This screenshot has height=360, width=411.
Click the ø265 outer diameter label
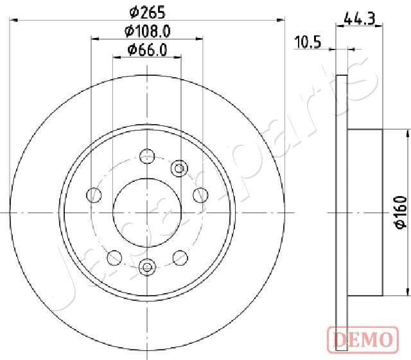coord(147,11)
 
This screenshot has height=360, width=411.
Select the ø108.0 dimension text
coord(147,30)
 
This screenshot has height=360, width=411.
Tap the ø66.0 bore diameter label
coord(147,50)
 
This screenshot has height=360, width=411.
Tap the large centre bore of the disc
coord(148,213)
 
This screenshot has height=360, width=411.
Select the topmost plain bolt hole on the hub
coord(148,156)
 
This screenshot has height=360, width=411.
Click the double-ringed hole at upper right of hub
coord(179,168)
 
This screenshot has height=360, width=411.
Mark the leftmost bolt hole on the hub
coord(94,195)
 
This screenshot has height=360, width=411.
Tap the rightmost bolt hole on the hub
coord(201,195)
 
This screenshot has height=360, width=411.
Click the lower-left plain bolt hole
coord(114,257)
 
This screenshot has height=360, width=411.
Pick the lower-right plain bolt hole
coord(180,257)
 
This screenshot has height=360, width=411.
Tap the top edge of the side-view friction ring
coord(342,75)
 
